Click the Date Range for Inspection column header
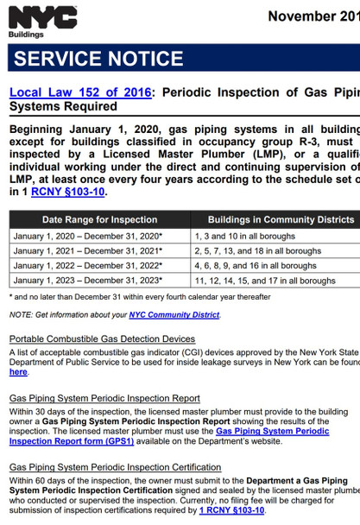click(x=99, y=220)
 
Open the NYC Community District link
click(x=174, y=315)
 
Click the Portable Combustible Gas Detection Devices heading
click(x=102, y=339)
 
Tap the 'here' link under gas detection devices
click(x=18, y=372)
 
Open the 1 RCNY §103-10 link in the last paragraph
click(x=232, y=510)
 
